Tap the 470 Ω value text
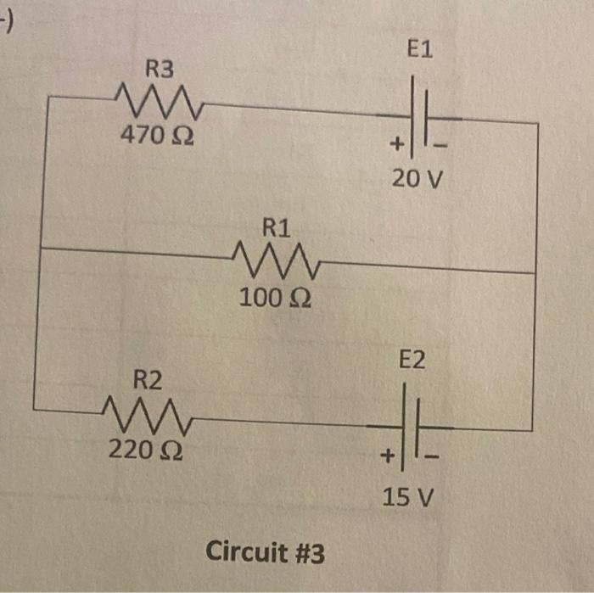click(x=156, y=135)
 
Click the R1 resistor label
click(x=277, y=227)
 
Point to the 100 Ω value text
click(x=274, y=298)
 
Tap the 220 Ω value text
click(x=143, y=450)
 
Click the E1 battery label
click(x=419, y=50)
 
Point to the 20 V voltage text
click(x=417, y=181)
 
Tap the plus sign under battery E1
click(x=395, y=145)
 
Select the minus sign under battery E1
click(x=440, y=147)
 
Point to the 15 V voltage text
click(x=408, y=496)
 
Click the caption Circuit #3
click(x=265, y=553)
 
